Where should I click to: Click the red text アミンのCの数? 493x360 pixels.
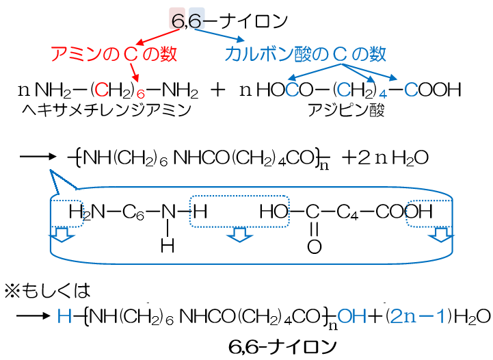(x=114, y=54)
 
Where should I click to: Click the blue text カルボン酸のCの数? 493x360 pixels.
(x=305, y=54)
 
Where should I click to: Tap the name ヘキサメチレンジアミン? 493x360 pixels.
(x=107, y=110)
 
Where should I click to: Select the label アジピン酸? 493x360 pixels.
(x=346, y=110)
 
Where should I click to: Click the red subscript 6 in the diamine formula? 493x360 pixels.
(x=141, y=94)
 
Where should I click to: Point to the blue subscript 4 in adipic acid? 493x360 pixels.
(x=383, y=94)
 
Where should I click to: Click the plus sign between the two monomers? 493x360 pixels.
(x=218, y=90)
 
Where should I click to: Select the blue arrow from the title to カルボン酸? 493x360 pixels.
(x=219, y=35)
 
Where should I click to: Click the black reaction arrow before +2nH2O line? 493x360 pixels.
(x=38, y=157)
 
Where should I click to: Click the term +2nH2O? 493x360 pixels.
(x=385, y=157)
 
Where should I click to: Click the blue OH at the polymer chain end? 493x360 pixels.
(x=351, y=316)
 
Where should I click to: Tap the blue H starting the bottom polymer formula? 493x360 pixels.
(x=64, y=316)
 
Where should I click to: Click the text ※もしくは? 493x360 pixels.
(x=47, y=290)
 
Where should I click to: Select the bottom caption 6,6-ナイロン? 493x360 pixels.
(x=282, y=347)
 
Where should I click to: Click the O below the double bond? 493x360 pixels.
(x=314, y=246)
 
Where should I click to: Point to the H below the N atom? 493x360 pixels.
(x=168, y=246)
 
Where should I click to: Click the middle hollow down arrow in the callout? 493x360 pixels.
(x=239, y=235)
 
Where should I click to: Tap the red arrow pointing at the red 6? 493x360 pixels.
(x=134, y=73)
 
